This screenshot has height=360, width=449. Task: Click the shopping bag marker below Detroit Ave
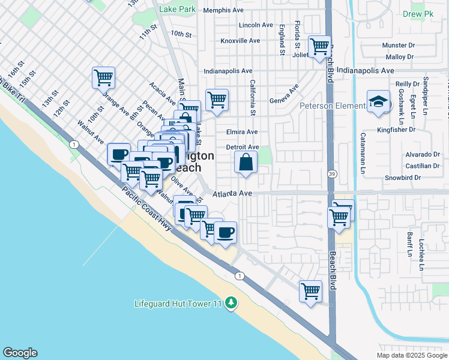[x=246, y=162]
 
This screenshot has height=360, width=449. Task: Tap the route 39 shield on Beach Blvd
[x=331, y=173]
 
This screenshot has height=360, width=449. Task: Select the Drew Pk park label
[x=430, y=13]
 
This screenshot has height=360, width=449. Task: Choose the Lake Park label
[x=178, y=10]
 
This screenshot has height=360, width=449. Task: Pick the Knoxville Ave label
[x=240, y=41]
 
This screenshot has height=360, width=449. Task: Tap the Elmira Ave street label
[x=242, y=132]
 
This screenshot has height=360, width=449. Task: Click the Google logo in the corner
[x=20, y=353]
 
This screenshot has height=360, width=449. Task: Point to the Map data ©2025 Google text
[x=411, y=355]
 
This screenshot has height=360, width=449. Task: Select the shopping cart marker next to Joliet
[x=319, y=46]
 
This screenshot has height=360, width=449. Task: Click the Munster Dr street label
[x=399, y=45]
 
